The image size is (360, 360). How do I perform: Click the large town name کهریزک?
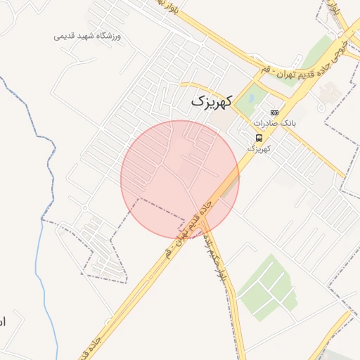tap(210, 103)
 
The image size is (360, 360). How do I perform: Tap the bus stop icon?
tap(259, 137)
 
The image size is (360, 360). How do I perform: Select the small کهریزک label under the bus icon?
tap(258, 148)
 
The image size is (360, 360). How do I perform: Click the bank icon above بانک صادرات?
tap(274, 112)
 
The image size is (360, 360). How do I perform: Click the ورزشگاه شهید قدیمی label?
tap(88, 35)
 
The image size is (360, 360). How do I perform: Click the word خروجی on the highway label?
tap(344, 49)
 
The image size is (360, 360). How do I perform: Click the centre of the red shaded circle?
tap(180, 179)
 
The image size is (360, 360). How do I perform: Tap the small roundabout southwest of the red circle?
tap(85, 207)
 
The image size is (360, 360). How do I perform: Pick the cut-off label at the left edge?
tap(2, 321)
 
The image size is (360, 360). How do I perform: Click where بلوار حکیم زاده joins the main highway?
tap(203, 223)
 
